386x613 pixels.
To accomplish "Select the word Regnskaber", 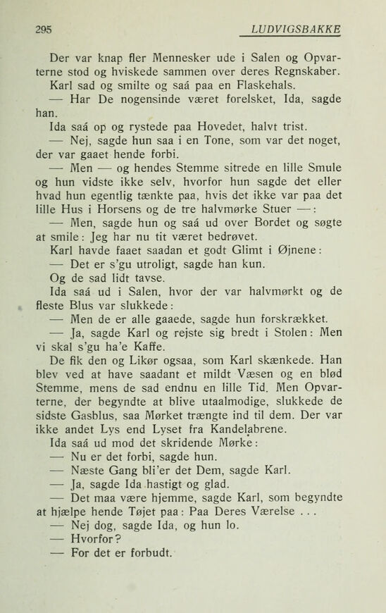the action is (305, 73).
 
